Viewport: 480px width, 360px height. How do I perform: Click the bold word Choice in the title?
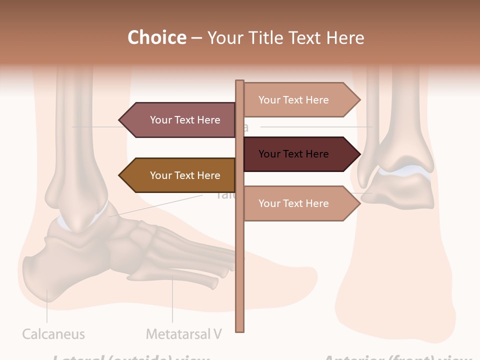[x=156, y=37]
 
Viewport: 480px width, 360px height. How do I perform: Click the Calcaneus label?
[x=53, y=334]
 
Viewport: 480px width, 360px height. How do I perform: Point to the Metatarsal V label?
[x=183, y=334]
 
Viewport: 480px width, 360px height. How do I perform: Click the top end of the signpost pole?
[x=240, y=82]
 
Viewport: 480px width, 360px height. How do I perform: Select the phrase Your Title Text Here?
[x=285, y=37]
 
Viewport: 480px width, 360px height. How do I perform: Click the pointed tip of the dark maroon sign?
[x=359, y=154]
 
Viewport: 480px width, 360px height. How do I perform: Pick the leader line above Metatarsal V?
[x=172, y=300]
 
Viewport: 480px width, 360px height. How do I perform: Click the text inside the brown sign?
[x=185, y=175]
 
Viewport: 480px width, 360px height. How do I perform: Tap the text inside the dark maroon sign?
[x=293, y=154]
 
